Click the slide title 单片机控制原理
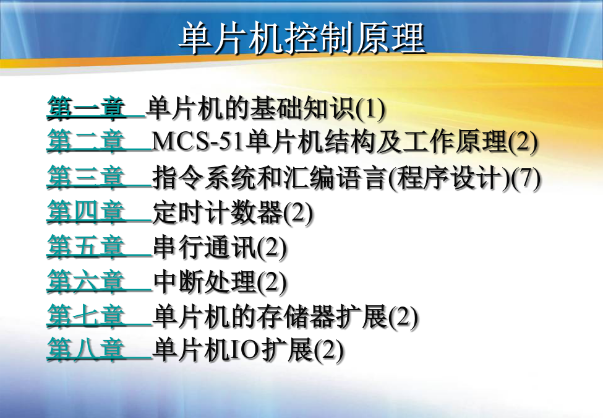(302, 38)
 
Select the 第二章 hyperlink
(86, 141)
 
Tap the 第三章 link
(86, 178)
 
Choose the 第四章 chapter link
(86, 212)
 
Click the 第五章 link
(86, 246)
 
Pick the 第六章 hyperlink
(86, 281)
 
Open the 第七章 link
(86, 316)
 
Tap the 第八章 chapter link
(86, 350)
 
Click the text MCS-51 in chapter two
(199, 142)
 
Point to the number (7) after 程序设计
(526, 178)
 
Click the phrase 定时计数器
(218, 213)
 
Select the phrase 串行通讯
(205, 248)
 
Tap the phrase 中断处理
(205, 282)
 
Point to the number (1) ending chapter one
(370, 109)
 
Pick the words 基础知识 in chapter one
(302, 108)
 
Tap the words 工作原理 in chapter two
(455, 142)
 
